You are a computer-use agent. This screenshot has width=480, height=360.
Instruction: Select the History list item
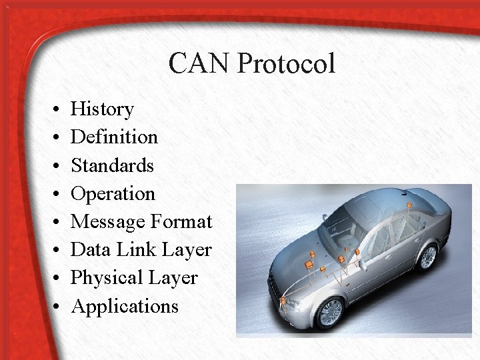pos(102,109)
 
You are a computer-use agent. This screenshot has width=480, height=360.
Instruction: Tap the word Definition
pos(114,137)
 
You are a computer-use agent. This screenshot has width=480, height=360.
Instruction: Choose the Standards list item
pos(112,165)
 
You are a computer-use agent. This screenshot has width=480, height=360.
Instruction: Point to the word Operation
pos(113,194)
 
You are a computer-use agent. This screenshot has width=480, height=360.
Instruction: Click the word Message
pos(108,222)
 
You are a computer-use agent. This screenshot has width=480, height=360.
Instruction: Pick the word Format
pos(182,221)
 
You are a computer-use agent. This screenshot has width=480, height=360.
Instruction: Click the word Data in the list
pos(86,250)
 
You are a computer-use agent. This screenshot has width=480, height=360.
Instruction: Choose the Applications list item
pos(125,307)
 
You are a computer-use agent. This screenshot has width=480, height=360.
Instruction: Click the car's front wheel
pos(330,311)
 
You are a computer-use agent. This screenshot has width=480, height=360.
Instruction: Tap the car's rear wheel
pos(427,257)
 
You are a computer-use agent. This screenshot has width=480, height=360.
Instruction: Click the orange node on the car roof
pos(407,200)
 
